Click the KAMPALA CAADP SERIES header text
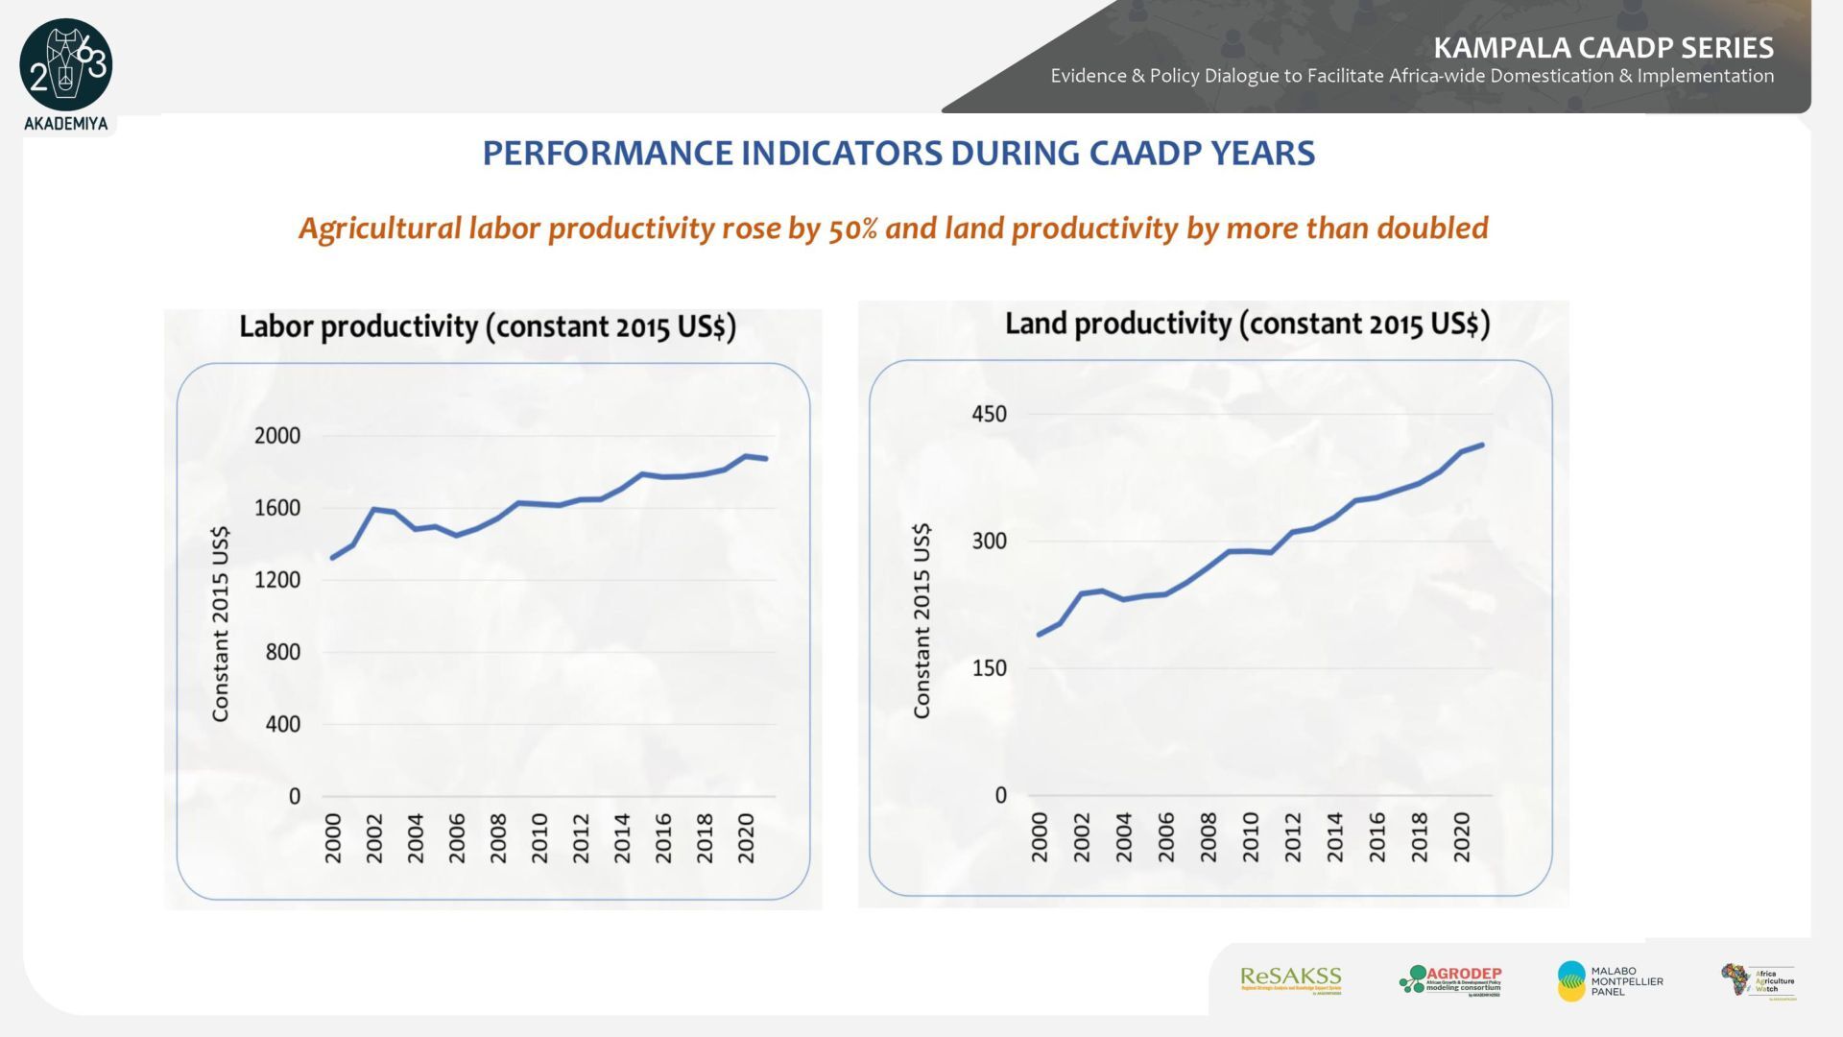[x=1603, y=47]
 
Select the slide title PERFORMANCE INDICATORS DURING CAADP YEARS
[x=898, y=154]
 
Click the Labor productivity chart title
[x=488, y=326]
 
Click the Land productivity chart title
[x=1247, y=324]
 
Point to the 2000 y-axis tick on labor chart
[x=277, y=436]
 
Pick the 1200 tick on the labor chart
[x=277, y=580]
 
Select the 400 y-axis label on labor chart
[x=283, y=724]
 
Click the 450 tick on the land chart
[x=990, y=414]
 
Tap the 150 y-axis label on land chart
[x=990, y=668]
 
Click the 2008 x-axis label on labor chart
[x=498, y=838]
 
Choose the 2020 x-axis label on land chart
[x=1462, y=836]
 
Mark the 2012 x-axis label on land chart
[x=1293, y=836]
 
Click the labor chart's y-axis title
[x=222, y=624]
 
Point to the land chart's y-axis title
[x=922, y=621]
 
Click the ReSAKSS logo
[x=1290, y=979]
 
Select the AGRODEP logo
[x=1450, y=980]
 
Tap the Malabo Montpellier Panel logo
[x=1610, y=980]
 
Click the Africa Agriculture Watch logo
[x=1758, y=981]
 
